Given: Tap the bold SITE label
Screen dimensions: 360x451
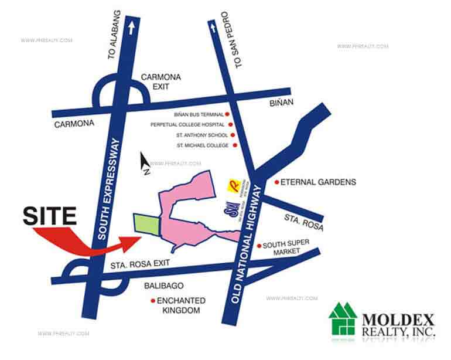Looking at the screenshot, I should (50, 216).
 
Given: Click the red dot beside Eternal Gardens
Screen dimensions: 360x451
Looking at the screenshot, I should (276, 182).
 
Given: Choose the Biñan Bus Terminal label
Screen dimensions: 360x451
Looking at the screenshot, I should (199, 115).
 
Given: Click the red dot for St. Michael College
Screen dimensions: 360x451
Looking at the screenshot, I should (235, 145).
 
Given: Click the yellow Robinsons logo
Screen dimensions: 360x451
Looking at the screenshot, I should (233, 186).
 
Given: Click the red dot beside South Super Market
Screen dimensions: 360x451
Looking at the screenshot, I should (258, 246).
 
